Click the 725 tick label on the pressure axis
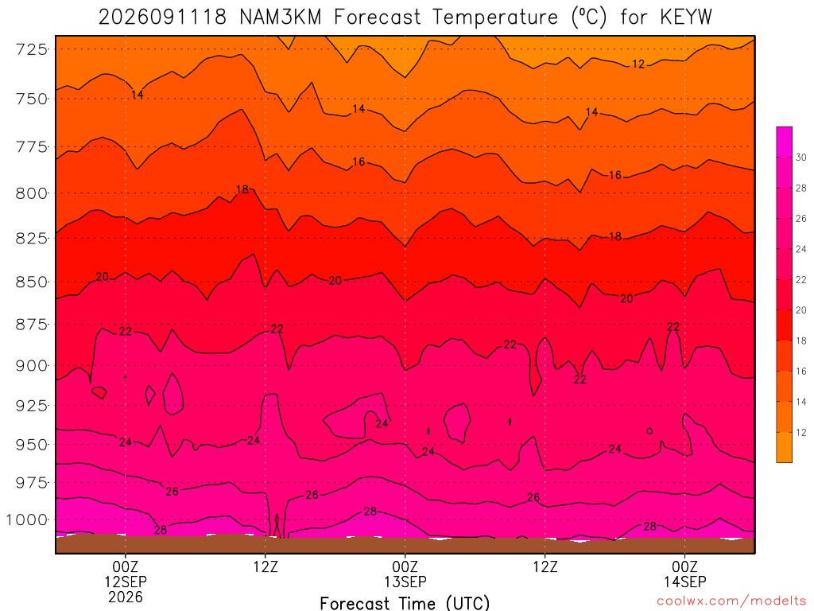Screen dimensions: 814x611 32,49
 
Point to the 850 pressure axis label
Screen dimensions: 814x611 32,282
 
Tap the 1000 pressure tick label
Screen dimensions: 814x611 27,520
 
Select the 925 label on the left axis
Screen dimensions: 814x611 32,405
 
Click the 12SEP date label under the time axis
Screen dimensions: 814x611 126,582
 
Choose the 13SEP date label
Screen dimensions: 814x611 405,582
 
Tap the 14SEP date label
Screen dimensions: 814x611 684,582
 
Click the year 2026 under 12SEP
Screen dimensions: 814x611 126,597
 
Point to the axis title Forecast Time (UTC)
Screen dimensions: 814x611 405,603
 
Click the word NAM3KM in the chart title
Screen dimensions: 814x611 281,18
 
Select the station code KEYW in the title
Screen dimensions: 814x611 686,18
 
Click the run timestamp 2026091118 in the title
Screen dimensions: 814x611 162,18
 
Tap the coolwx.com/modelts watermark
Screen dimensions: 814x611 731,601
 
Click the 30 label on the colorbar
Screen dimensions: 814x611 800,158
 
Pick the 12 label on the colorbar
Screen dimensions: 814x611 800,432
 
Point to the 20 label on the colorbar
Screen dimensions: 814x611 800,310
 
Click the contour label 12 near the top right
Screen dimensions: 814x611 638,64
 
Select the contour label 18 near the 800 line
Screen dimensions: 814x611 242,189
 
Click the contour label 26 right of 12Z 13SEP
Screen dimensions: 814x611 533,498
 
